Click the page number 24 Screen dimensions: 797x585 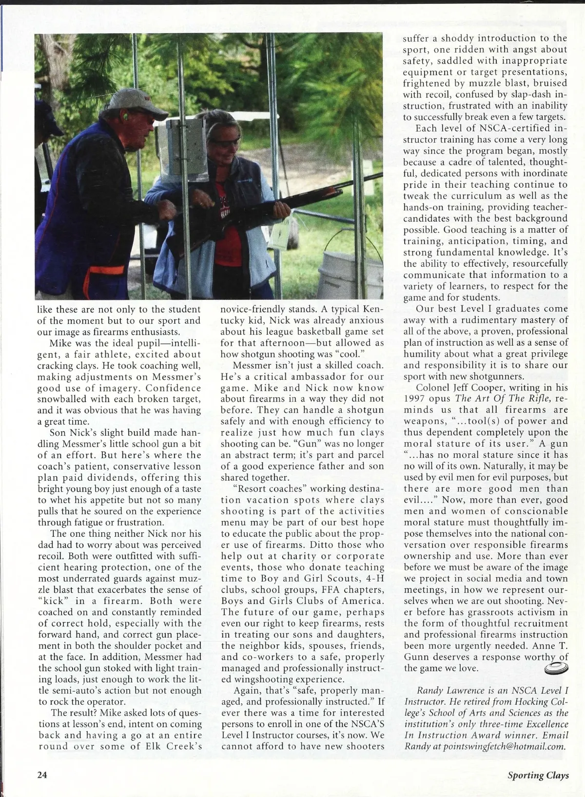point(42,775)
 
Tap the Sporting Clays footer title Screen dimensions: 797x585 point(538,775)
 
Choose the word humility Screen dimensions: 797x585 point(422,354)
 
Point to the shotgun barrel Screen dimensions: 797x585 point(341,185)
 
